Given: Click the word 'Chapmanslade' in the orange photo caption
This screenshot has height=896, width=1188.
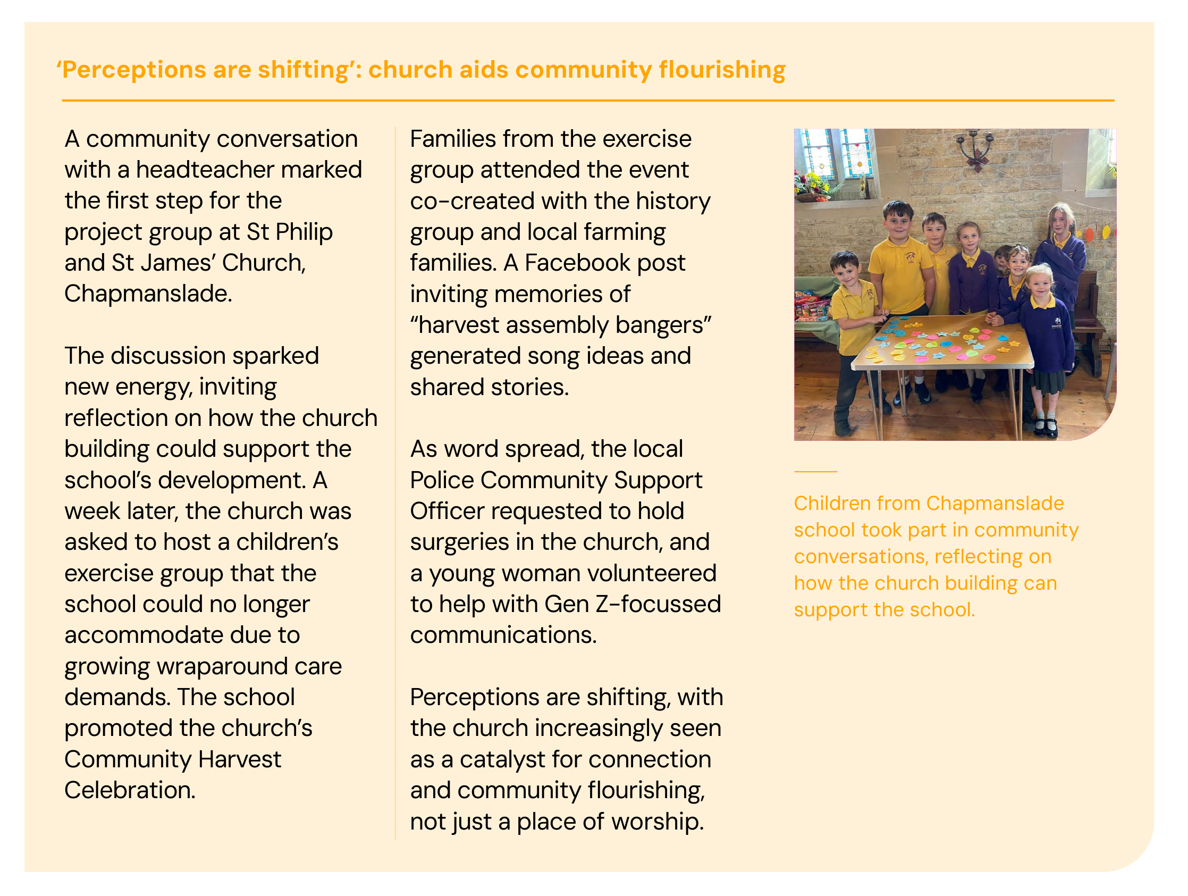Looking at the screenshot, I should click(x=995, y=504).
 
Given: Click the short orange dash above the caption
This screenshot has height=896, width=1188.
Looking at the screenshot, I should click(x=815, y=472).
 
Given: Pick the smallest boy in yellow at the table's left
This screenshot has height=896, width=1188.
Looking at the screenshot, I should click(x=853, y=322).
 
